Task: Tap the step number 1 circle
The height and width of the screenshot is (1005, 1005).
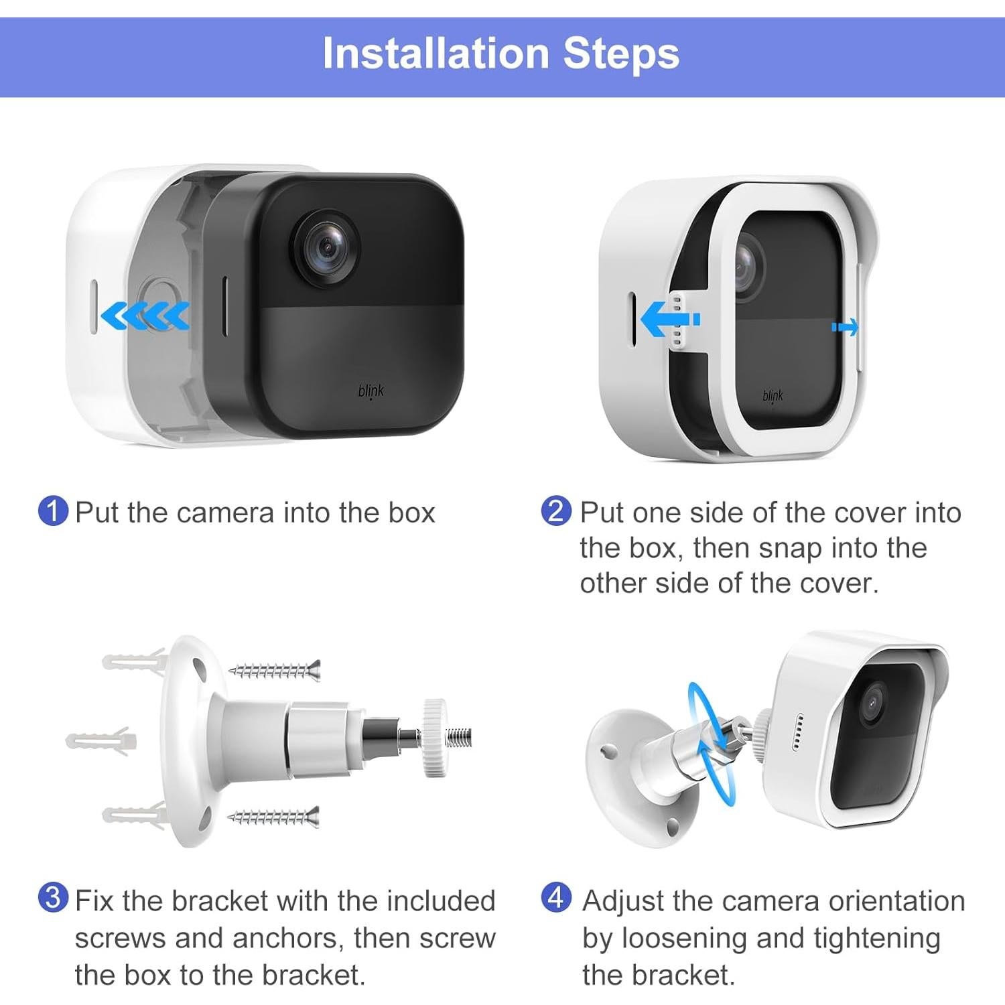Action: (x=54, y=511)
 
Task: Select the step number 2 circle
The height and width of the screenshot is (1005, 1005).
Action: (x=556, y=511)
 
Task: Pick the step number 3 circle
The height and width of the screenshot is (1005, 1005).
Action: (x=54, y=898)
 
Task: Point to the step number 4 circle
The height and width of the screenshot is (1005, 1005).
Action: (x=556, y=898)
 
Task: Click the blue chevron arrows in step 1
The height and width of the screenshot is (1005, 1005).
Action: (x=145, y=316)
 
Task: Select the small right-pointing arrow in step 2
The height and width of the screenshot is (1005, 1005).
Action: (x=844, y=328)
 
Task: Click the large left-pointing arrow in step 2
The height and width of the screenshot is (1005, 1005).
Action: (x=670, y=319)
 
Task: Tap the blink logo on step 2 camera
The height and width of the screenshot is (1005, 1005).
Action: (x=773, y=396)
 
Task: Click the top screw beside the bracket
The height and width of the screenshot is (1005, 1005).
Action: (x=275, y=669)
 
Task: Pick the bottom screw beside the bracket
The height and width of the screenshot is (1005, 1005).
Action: (x=274, y=817)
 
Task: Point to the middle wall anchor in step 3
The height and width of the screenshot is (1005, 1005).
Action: (x=100, y=740)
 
